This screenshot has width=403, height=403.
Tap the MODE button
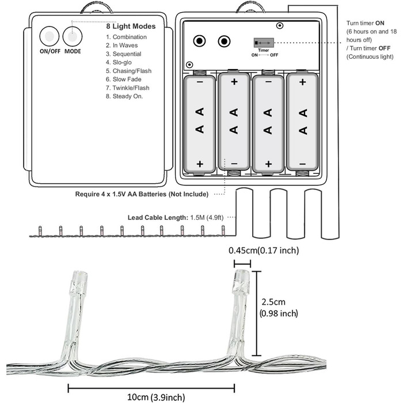point(73,37)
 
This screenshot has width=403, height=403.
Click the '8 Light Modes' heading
point(131,26)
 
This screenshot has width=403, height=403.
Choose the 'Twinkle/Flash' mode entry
point(127,88)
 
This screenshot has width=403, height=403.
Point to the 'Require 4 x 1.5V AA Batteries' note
point(142,194)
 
